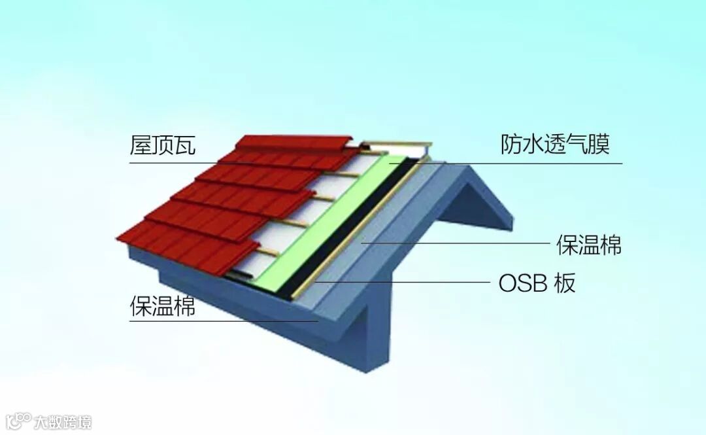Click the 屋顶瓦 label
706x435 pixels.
click(163, 145)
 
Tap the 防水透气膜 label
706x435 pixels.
click(555, 145)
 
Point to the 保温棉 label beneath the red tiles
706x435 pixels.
click(163, 306)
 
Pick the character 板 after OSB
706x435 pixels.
click(565, 283)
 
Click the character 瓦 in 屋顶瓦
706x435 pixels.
click(185, 145)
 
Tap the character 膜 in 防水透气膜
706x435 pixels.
click(599, 145)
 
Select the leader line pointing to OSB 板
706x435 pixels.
click(405, 283)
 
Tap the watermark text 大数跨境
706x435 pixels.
click(63, 421)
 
